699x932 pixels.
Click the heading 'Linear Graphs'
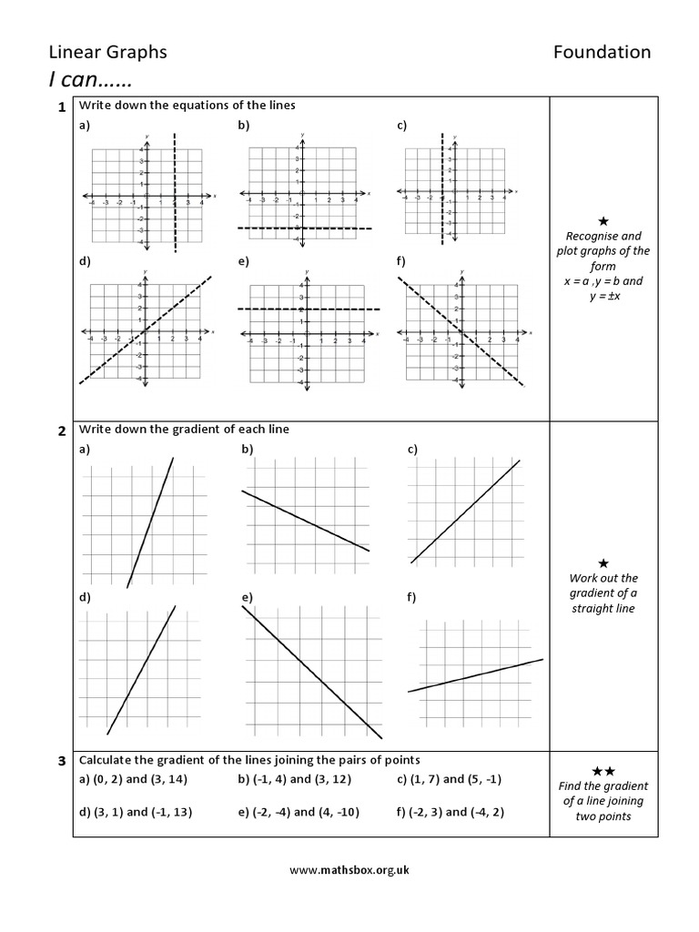107,52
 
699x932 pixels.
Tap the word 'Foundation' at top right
602,52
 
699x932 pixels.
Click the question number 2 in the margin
61,431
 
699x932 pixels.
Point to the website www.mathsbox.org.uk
349,869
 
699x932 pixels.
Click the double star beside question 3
603,771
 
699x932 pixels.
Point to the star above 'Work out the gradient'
603,562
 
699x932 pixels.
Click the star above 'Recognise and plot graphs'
603,221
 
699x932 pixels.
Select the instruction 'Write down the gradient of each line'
184,429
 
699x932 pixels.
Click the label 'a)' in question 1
85,126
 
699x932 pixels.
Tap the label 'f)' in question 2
412,597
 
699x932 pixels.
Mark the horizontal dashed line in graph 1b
305,228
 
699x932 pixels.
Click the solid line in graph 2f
475,675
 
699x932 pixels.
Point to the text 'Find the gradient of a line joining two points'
603,801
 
